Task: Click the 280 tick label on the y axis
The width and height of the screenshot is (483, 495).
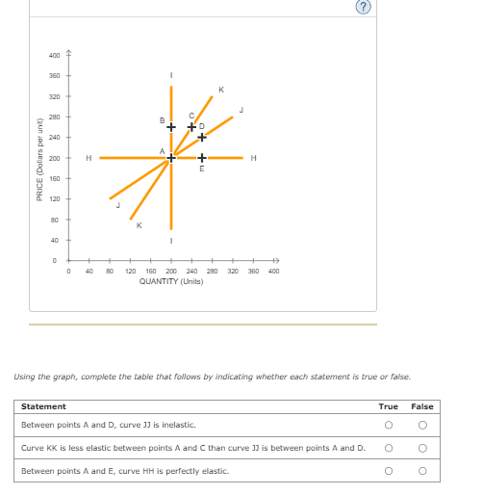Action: (54, 117)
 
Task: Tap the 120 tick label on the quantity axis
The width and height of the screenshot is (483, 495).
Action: (130, 272)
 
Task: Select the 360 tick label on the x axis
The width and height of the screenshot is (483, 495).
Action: (253, 272)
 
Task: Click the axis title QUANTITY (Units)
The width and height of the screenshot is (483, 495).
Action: (170, 282)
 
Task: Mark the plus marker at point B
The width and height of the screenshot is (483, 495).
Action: (170, 127)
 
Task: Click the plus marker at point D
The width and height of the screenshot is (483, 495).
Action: (202, 138)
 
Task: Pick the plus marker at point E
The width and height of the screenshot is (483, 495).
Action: (202, 158)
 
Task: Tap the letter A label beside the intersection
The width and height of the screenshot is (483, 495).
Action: (163, 148)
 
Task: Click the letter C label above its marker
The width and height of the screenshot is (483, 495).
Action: (191, 117)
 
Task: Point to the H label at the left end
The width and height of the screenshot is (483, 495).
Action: (89, 158)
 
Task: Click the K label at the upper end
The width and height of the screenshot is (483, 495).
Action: (221, 91)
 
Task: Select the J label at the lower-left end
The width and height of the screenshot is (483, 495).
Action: (117, 204)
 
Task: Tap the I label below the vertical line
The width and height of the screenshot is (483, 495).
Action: (171, 240)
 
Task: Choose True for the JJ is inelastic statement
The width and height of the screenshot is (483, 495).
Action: (390, 425)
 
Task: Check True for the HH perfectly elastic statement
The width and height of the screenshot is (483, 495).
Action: (390, 471)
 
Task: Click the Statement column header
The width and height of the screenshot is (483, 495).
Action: (43, 406)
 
